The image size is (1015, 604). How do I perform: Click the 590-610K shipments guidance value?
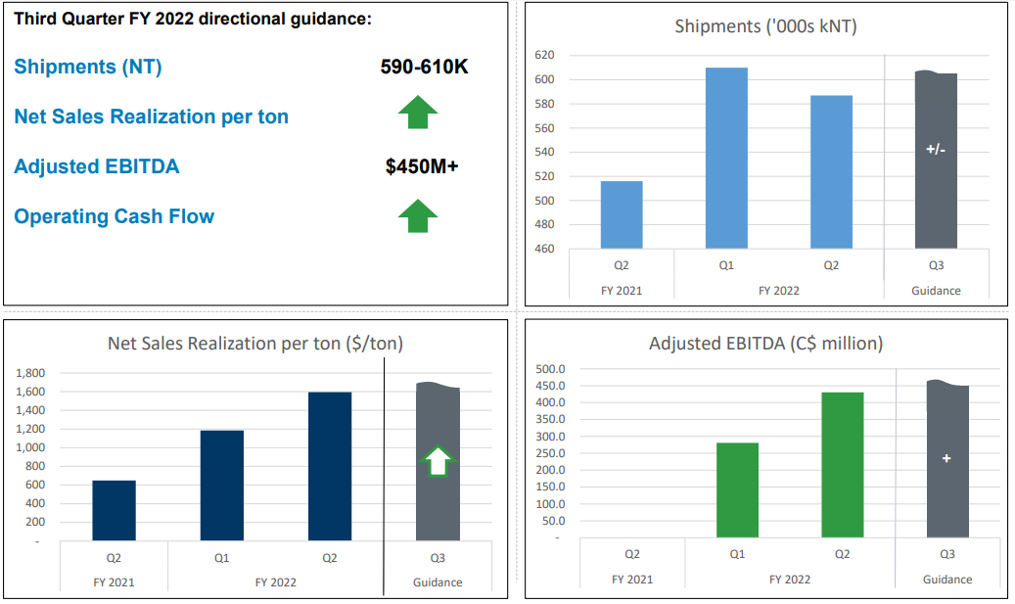pyautogui.click(x=424, y=67)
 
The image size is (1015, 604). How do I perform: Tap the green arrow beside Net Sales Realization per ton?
pyautogui.click(x=418, y=113)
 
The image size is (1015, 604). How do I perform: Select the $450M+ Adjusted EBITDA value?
pyautogui.click(x=422, y=166)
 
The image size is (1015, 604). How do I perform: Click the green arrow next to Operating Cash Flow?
pyautogui.click(x=418, y=215)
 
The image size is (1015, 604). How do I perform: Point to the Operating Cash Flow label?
pyautogui.click(x=114, y=216)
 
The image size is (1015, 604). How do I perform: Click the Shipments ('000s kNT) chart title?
pyautogui.click(x=765, y=26)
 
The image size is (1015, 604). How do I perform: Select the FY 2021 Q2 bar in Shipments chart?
pyautogui.click(x=622, y=214)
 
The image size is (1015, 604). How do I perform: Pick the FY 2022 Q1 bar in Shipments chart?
pyautogui.click(x=726, y=158)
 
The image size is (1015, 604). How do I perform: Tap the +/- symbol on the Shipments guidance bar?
pyautogui.click(x=936, y=150)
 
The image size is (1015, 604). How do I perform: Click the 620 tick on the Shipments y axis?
pyautogui.click(x=544, y=56)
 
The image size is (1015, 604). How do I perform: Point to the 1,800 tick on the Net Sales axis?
pyautogui.click(x=31, y=373)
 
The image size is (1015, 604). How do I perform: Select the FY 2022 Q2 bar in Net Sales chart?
pyautogui.click(x=330, y=466)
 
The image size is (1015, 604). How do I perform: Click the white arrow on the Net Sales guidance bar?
pyautogui.click(x=438, y=461)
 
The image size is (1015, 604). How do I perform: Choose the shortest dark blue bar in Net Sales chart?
pyautogui.click(x=114, y=510)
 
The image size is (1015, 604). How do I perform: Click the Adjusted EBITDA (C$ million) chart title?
pyautogui.click(x=765, y=344)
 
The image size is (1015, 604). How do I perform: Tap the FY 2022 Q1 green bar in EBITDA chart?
pyautogui.click(x=737, y=489)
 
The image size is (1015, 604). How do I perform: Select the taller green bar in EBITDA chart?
pyautogui.click(x=843, y=465)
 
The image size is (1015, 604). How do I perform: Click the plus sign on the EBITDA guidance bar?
pyautogui.click(x=946, y=458)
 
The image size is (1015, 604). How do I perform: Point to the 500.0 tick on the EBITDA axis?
pyautogui.click(x=552, y=369)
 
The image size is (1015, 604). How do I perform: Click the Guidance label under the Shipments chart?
pyautogui.click(x=936, y=290)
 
